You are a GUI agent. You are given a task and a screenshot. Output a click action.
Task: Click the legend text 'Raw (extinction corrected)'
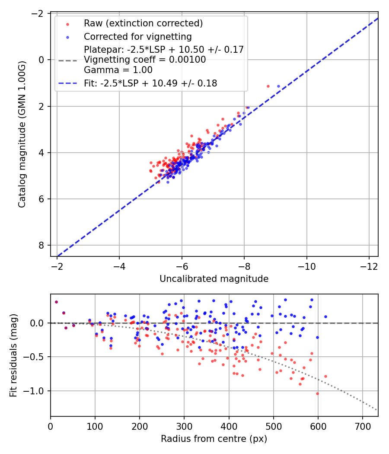point(143,23)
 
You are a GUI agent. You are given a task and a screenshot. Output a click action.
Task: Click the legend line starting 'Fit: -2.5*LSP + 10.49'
point(150,83)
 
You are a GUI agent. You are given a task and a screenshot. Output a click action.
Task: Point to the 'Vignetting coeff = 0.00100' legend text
point(145,60)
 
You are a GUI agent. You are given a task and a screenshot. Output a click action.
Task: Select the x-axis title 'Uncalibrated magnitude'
point(214,279)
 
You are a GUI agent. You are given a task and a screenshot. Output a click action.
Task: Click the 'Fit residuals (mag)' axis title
point(13,355)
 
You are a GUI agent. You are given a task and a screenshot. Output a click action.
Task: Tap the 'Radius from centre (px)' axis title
point(214,439)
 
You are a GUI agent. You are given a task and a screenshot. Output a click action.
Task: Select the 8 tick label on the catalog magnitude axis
point(41,245)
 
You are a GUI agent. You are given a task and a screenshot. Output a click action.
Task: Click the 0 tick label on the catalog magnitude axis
point(41,60)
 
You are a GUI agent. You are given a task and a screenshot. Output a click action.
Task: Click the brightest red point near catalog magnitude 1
point(268,86)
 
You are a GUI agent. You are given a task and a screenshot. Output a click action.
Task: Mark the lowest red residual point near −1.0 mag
point(317,393)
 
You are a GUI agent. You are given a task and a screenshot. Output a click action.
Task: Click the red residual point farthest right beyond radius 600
point(325,376)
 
